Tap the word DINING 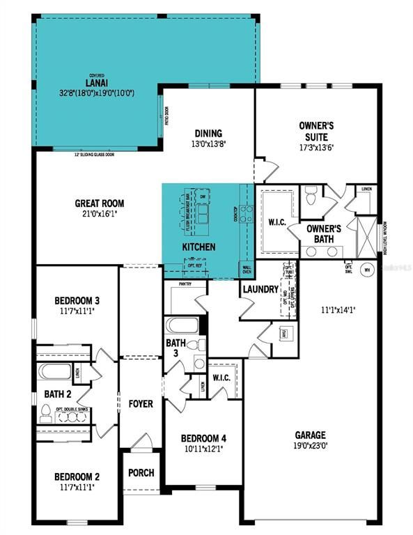click(x=208, y=134)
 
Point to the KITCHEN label click(x=198, y=247)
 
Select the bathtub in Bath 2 click(x=54, y=371)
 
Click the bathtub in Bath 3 click(x=182, y=326)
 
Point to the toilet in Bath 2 click(x=47, y=417)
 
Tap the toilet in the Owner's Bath click(x=311, y=197)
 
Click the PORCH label click(x=141, y=473)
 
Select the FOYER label click(x=141, y=404)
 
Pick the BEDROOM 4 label click(x=203, y=438)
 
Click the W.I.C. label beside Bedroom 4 click(x=222, y=378)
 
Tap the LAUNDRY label click(x=260, y=288)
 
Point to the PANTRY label click(x=185, y=284)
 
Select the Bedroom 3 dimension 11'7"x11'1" click(x=77, y=312)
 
